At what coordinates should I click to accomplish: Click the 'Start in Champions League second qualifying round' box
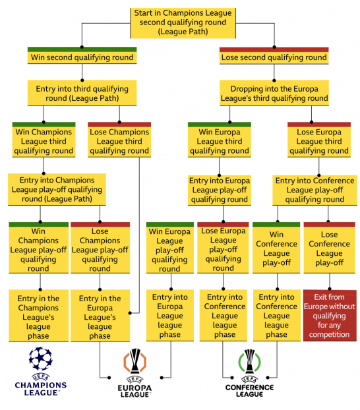(183, 23)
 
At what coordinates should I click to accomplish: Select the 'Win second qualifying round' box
(82, 57)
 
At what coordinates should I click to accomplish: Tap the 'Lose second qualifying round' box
(274, 57)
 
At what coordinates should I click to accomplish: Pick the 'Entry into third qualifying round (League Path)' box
(82, 93)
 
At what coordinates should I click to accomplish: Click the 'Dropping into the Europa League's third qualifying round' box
(274, 93)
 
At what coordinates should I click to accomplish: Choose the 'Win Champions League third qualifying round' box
(44, 142)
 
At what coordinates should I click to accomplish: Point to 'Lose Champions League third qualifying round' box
(119, 142)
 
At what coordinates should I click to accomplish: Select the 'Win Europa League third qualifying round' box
(220, 142)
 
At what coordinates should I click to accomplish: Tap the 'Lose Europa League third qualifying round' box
(319, 142)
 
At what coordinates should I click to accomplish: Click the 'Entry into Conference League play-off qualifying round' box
(315, 190)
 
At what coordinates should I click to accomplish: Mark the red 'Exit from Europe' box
(330, 315)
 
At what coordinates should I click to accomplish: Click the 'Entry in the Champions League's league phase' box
(38, 316)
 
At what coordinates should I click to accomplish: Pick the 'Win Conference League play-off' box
(276, 250)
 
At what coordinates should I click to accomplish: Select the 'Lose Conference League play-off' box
(330, 250)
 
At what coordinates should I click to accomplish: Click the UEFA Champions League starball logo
(41, 359)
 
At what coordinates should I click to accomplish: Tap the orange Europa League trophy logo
(135, 361)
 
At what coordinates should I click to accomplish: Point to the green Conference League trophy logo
(249, 362)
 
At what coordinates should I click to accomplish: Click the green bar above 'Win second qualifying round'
(82, 49)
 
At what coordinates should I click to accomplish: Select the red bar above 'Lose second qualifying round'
(274, 49)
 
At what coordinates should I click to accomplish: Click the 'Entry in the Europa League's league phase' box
(100, 316)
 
